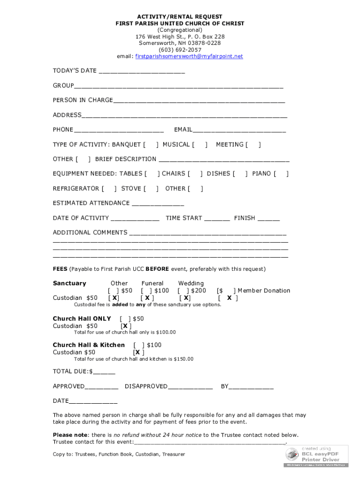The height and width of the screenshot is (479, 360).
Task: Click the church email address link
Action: click(189, 57)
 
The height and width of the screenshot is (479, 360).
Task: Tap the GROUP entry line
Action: click(179, 87)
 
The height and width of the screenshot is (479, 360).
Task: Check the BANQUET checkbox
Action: click(150, 145)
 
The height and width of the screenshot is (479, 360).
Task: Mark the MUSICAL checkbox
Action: click(200, 145)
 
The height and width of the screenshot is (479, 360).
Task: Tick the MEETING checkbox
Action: click(253, 145)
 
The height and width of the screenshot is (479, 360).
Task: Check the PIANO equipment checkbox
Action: click(281, 174)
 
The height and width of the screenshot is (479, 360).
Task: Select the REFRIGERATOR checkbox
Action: click(108, 189)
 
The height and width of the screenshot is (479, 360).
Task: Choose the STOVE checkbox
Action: click(151, 189)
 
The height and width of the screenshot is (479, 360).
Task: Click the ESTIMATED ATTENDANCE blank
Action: click(158, 204)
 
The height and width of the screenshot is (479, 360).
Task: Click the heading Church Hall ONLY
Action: click(82, 319)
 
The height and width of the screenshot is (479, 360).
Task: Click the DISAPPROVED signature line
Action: click(190, 387)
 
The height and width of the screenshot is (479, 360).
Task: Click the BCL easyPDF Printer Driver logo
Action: click(316, 456)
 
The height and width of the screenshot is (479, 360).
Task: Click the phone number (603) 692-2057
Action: click(180, 50)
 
